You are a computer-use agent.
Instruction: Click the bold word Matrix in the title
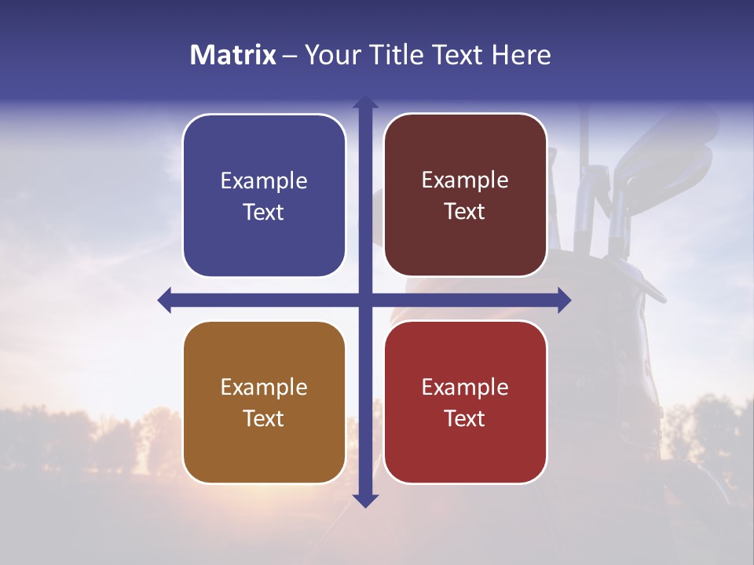(x=232, y=55)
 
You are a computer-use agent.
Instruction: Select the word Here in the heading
(x=521, y=55)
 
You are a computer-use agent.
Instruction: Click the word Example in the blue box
(x=264, y=181)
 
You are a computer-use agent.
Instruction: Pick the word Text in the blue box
(x=264, y=213)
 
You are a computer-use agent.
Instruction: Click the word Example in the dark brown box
(x=465, y=180)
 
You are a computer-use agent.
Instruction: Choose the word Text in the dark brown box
(x=465, y=212)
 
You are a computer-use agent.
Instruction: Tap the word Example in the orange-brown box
(x=264, y=388)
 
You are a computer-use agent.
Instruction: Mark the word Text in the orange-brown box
(x=264, y=419)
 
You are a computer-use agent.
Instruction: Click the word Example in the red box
(x=465, y=388)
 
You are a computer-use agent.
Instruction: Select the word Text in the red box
(x=465, y=419)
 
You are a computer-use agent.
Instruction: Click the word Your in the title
(x=327, y=55)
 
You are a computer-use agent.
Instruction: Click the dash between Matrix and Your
(x=290, y=56)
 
